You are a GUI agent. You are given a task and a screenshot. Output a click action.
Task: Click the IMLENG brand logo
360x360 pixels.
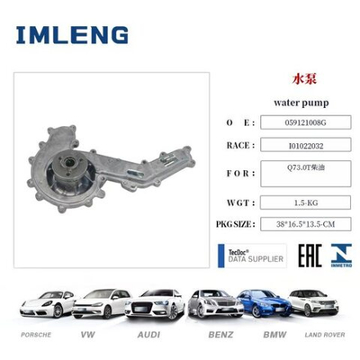pos(72,35)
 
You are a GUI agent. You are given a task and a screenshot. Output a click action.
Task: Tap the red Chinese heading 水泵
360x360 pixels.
pos(304,78)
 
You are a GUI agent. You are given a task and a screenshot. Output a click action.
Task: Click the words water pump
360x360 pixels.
pos(301,103)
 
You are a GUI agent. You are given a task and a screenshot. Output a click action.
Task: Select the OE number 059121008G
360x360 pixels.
pos(305,122)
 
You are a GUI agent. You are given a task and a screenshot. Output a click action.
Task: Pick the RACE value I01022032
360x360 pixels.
pos(306,146)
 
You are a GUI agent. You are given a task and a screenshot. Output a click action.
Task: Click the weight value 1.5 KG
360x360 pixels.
pos(306,202)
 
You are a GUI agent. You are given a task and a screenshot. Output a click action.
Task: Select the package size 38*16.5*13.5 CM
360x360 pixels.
pos(305,224)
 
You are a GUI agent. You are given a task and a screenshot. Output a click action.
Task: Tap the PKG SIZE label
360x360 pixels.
pos(235,224)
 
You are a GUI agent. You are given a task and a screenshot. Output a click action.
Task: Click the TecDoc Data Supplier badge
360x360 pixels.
pos(252,256)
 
